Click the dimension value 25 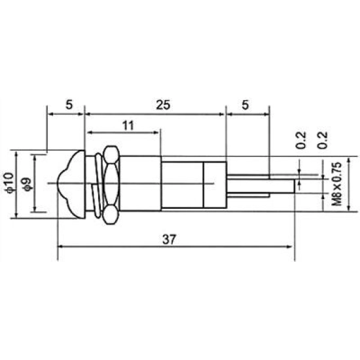(163, 105)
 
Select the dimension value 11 (128, 126)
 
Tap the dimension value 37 (169, 239)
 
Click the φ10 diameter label (10, 183)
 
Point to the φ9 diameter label (27, 185)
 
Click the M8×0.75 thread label (336, 184)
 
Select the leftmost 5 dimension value (69, 105)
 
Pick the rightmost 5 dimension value (245, 105)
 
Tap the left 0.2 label (301, 140)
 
